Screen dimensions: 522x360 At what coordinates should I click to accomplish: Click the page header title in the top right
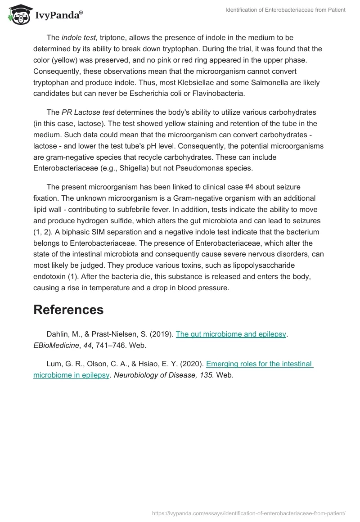coord(285,10)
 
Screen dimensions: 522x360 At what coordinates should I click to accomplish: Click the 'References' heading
coord(68,310)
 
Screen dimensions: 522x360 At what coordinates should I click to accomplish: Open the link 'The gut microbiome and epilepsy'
coord(231,334)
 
